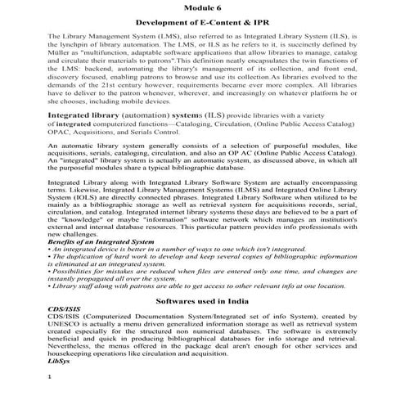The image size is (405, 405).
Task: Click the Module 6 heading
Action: (202, 7)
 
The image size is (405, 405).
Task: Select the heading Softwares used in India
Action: (202, 323)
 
